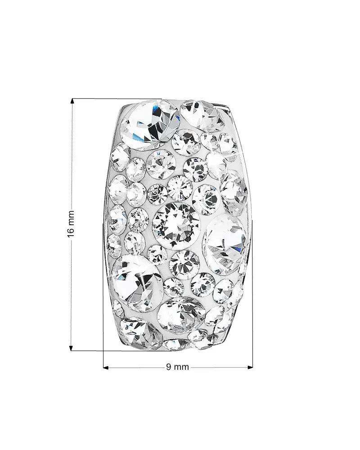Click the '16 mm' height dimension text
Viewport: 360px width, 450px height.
[x=71, y=224]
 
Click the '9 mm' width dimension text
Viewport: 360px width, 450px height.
[x=177, y=367]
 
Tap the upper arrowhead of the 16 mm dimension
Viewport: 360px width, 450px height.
[x=72, y=101]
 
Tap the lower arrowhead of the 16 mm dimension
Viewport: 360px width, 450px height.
[x=72, y=348]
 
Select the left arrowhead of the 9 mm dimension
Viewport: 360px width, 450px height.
[x=106, y=368]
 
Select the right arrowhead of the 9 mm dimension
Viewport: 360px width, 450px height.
[x=250, y=367]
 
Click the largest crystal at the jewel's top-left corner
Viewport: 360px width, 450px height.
[x=149, y=125]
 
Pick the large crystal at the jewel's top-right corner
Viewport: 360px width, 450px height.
[x=202, y=116]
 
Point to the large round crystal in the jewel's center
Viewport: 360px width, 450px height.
[x=175, y=226]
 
